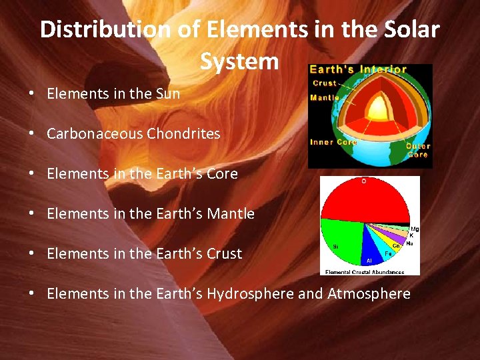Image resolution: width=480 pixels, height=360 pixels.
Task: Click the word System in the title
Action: [239, 61]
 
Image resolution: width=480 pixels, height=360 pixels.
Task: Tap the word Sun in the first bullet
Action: [167, 93]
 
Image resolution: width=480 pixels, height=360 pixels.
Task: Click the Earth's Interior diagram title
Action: [358, 69]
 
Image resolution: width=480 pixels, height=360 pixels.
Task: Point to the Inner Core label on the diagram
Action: [333, 142]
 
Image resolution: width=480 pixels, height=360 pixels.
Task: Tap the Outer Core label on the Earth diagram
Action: [418, 150]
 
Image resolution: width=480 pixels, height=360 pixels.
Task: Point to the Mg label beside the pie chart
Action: [415, 229]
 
